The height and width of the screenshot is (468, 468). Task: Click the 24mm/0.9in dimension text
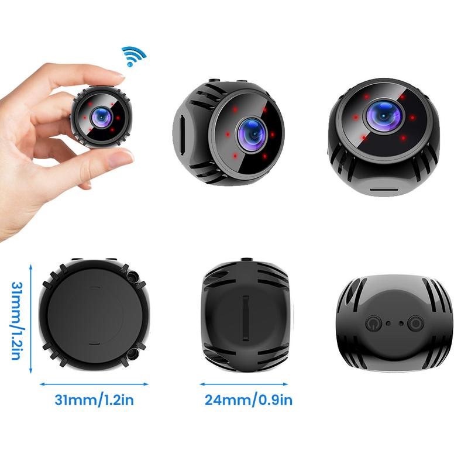tap(248, 401)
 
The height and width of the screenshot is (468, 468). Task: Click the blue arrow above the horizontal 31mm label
tap(94, 384)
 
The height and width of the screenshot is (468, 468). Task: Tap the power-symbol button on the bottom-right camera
tap(372, 322)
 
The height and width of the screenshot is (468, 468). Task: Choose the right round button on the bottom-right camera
tap(416, 322)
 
